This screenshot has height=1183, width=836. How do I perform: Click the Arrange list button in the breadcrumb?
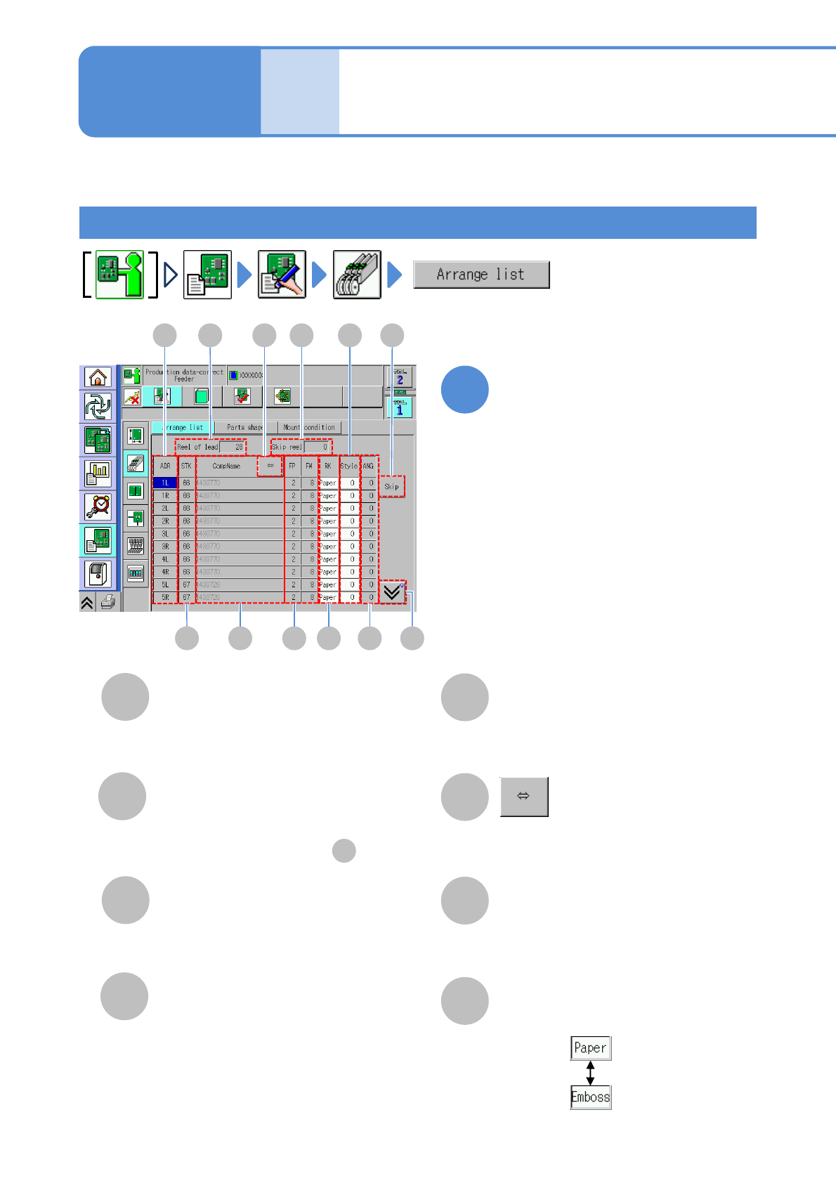coord(481,275)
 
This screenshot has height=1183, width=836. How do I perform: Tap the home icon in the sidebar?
coord(98,377)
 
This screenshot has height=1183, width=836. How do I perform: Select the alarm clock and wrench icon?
coord(98,506)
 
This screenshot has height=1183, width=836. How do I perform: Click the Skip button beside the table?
coord(391,486)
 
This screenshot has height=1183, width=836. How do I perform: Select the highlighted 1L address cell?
coord(165,483)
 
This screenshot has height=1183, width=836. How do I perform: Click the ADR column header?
coord(165,466)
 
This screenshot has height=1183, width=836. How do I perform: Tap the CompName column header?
coord(226,466)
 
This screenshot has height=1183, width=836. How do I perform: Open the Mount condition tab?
coord(310,427)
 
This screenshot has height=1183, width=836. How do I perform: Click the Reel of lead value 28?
coord(233,447)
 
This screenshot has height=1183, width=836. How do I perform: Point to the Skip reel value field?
coord(318,447)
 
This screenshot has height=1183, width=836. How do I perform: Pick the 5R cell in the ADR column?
coord(165,597)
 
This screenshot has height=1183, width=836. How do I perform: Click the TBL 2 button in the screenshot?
coord(400,378)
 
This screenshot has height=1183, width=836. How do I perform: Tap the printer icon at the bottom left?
coord(107,601)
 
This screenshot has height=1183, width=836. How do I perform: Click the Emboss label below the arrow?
coord(591,1097)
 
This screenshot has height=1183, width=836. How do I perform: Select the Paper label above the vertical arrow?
coord(590,1048)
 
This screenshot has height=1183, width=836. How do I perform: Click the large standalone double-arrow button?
coord(524,797)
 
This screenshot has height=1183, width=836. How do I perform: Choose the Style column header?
coord(349,466)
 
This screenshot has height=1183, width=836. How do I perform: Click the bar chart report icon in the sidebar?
coord(98,474)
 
